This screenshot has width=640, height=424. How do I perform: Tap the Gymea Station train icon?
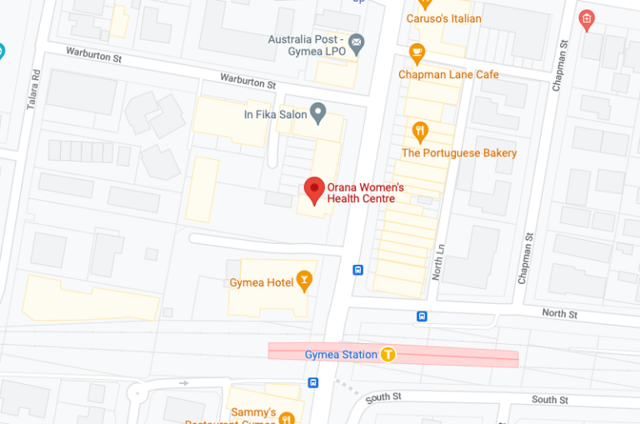(387, 354)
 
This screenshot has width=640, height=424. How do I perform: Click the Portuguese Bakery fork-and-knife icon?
(421, 132)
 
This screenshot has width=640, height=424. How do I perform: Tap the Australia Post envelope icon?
(357, 41)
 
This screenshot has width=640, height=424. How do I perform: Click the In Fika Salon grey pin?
(317, 112)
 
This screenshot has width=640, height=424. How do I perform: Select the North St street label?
(559, 314)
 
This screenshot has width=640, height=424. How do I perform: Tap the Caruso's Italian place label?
(443, 18)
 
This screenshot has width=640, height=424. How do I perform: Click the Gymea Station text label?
(341, 355)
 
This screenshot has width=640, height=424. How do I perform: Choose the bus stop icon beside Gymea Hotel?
(357, 269)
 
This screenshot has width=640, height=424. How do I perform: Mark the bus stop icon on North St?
(422, 316)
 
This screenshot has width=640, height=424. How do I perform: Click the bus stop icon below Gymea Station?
(312, 382)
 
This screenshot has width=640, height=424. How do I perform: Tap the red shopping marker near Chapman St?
(587, 19)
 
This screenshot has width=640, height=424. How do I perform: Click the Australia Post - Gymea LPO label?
(305, 46)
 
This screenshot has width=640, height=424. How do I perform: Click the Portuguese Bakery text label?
(459, 153)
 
